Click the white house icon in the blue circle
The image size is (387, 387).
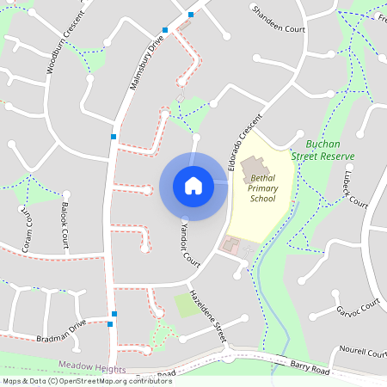[193, 186]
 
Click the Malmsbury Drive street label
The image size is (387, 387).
[145, 64]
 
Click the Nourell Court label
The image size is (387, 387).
[364, 353]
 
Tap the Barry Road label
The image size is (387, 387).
[309, 368]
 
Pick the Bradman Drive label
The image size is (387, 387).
[62, 332]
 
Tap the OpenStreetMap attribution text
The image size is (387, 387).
[87, 380]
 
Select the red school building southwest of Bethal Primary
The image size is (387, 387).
[231, 246]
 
